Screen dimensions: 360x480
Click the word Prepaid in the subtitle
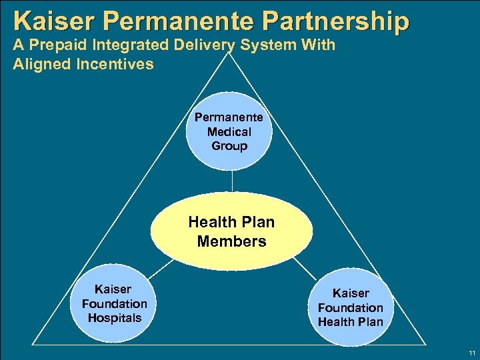coord(54,46)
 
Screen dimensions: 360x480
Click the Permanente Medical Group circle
coord(229,132)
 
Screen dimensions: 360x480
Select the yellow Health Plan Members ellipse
coord(231,231)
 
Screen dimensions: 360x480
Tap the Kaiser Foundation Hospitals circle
coord(114,303)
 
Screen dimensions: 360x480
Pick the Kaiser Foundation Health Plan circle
coord(350,307)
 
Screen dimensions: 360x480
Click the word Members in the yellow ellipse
coord(231,241)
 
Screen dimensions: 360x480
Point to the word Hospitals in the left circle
coord(115,318)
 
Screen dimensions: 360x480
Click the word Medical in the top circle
coord(229,131)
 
